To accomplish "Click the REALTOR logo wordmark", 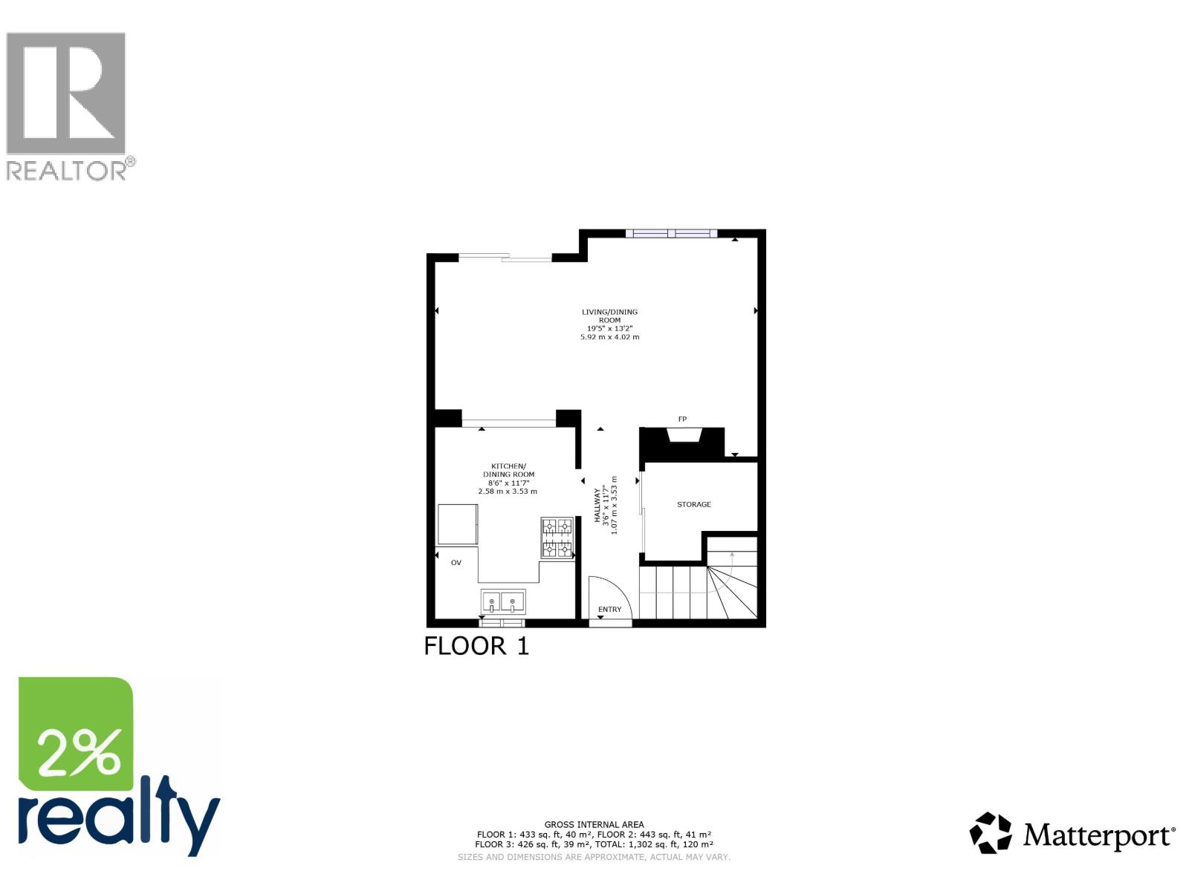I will [71, 170].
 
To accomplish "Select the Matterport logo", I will [1072, 834].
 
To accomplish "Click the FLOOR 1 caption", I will [476, 646].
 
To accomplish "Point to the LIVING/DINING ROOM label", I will [609, 316].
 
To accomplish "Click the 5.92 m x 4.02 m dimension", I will [609, 337].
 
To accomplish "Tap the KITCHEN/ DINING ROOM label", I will [508, 470].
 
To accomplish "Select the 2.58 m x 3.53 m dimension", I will [508, 492].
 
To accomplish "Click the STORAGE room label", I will [694, 505].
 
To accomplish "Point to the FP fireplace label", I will [682, 420].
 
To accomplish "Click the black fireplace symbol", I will [682, 443].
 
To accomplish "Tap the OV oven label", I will [456, 563].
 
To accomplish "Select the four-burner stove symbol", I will [557, 538].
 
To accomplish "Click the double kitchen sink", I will [502, 601].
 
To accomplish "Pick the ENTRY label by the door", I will [609, 610].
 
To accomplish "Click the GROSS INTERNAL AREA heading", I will [594, 824].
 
